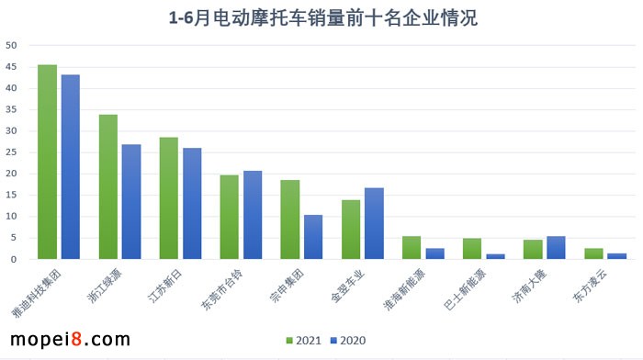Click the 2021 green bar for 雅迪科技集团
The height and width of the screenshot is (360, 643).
click(x=47, y=162)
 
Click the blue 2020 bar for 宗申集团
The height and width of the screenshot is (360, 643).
click(x=313, y=237)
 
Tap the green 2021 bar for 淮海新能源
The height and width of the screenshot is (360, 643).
click(x=412, y=248)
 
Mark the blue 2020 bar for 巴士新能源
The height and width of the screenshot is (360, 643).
click(x=496, y=256)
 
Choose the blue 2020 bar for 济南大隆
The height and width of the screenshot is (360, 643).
click(x=557, y=248)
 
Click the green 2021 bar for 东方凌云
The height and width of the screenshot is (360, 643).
click(x=593, y=253)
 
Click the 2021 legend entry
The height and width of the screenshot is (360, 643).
click(x=304, y=340)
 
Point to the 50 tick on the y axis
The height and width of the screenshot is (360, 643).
click(x=10, y=46)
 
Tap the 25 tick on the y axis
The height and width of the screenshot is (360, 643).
click(x=10, y=152)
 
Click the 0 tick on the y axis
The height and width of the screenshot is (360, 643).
click(x=13, y=259)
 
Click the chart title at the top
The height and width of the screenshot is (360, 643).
click(x=321, y=17)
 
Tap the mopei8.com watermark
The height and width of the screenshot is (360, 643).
click(x=69, y=340)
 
